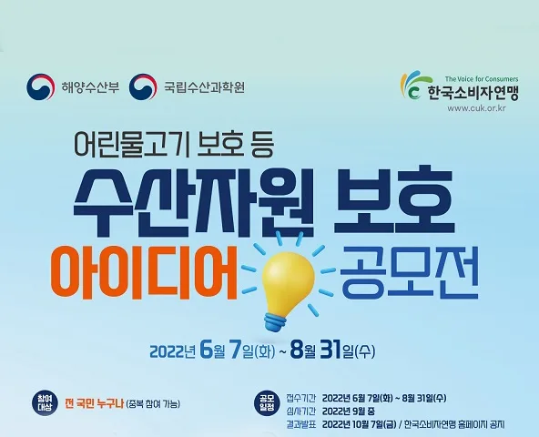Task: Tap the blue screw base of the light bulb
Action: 275,321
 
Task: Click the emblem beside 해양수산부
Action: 41,86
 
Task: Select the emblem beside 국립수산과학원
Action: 143,86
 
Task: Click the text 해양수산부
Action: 90,87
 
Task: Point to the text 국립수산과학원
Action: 204,87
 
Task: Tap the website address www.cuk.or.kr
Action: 476,108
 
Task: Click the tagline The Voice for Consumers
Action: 482,78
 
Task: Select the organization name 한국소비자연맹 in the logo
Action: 473,92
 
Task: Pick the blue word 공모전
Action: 409,271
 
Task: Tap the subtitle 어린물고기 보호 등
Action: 174,143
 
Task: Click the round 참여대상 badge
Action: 45,403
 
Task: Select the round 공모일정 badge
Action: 267,403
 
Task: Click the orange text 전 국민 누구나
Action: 94,403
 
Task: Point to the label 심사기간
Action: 300,412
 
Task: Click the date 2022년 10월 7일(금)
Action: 359,424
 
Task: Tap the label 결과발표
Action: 300,424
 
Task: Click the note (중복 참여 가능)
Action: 153,404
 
